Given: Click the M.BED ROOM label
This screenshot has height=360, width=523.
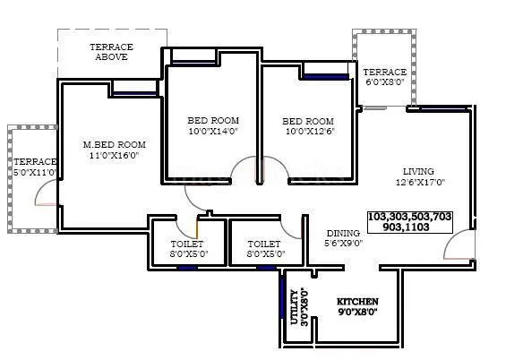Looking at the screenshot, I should (x=114, y=144).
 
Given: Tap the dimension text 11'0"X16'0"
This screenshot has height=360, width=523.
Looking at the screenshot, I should (x=114, y=156).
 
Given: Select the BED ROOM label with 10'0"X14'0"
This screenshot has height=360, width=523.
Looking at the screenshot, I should (x=213, y=121).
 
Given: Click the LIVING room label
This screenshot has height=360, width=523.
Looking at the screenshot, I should (x=418, y=171).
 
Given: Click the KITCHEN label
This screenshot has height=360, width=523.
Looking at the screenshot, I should (x=357, y=301).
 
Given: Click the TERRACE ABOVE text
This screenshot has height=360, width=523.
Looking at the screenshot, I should (x=112, y=51).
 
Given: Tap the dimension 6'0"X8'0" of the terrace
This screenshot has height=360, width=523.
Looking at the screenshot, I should (x=384, y=82).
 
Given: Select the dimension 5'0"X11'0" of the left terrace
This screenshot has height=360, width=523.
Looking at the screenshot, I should (x=35, y=173).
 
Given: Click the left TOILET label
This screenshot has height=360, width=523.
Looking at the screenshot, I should (x=187, y=244).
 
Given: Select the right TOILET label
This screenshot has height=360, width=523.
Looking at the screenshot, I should (x=263, y=244).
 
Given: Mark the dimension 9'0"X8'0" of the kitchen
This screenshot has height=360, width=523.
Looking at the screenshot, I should (x=357, y=313).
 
